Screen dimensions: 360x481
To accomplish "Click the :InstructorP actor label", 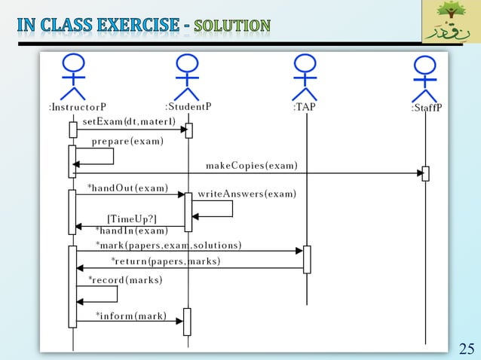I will (x=78, y=108).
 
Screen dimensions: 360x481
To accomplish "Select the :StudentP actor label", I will (x=188, y=106).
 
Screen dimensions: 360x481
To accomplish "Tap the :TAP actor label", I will (x=304, y=108).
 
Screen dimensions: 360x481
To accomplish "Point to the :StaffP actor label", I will (x=427, y=108).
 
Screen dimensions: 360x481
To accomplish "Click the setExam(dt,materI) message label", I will (x=129, y=121).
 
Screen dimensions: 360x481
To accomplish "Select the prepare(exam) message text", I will (x=127, y=141).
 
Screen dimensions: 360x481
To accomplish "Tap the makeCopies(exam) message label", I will (x=252, y=166).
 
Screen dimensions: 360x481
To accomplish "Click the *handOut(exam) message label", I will (x=127, y=188).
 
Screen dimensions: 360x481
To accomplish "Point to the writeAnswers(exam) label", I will (x=247, y=194).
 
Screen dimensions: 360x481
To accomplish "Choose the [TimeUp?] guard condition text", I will (x=132, y=219).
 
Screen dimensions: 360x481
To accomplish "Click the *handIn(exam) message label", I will (x=132, y=230).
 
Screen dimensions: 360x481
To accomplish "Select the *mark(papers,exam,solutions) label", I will (x=168, y=246).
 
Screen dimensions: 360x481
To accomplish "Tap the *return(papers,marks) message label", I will (x=166, y=261).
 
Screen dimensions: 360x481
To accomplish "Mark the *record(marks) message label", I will (x=125, y=280).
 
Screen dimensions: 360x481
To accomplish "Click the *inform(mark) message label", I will (x=131, y=316).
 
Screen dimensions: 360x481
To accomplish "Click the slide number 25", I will (x=467, y=348).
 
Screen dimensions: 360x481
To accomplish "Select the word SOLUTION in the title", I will (x=232, y=26).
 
